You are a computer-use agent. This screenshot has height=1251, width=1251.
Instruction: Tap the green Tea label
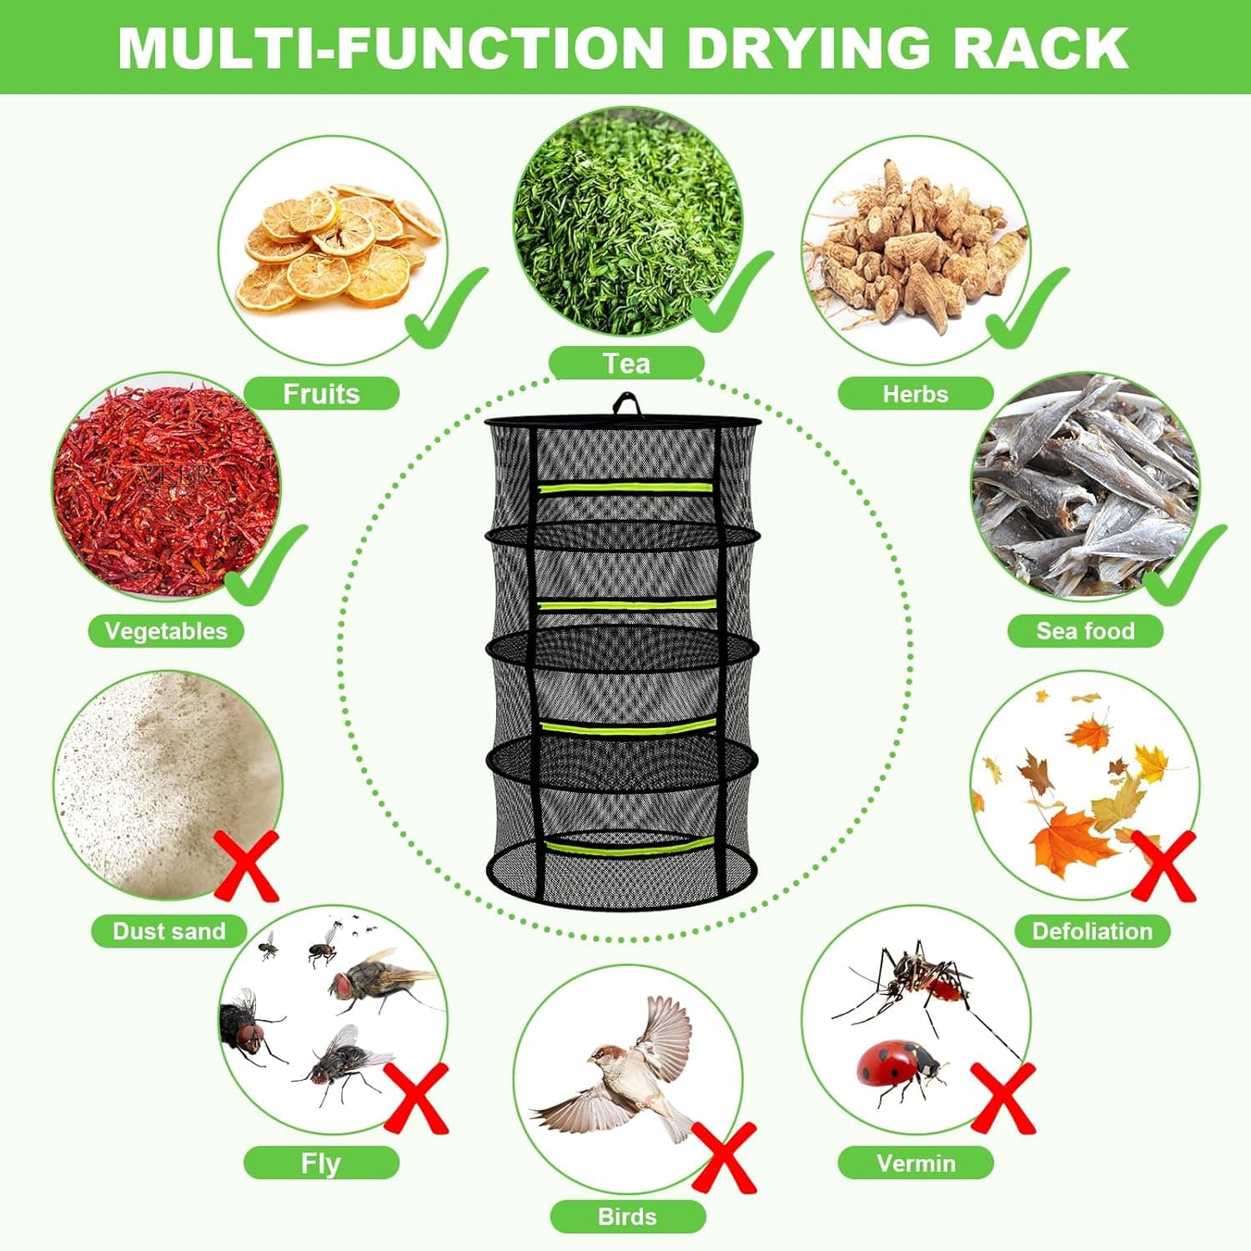point(626,364)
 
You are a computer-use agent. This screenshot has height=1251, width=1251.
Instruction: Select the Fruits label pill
point(321,394)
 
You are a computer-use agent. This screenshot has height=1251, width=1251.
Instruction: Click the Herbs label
point(915,394)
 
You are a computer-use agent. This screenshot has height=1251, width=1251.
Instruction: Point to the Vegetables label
point(166,631)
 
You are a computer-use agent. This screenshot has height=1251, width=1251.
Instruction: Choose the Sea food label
point(1085,631)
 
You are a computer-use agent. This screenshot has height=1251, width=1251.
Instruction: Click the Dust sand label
point(168,931)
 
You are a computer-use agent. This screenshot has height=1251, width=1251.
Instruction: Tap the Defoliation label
point(1092,931)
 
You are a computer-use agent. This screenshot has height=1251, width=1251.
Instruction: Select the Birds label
point(627,1216)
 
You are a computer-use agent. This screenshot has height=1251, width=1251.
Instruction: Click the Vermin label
point(916,1163)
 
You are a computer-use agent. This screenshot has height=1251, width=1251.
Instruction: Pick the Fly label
point(321,1163)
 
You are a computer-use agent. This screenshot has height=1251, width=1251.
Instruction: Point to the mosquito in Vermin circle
point(917,980)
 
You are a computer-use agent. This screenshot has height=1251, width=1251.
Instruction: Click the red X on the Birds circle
point(724,1158)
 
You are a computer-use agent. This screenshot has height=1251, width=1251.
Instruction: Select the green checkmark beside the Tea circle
point(730,292)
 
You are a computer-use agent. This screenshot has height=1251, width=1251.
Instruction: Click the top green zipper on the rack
point(625,488)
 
